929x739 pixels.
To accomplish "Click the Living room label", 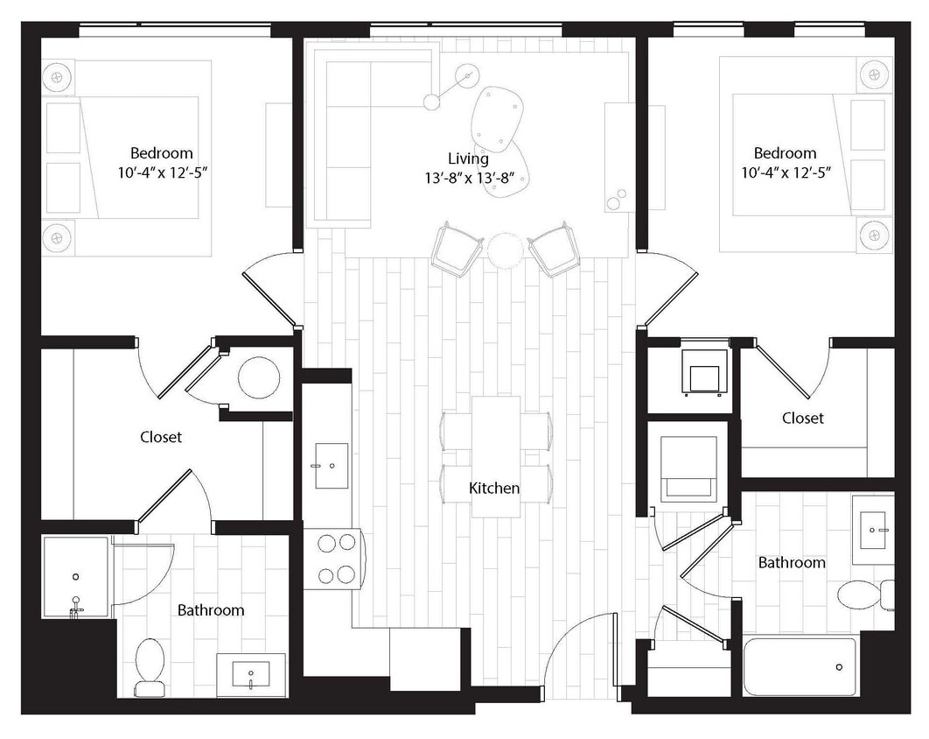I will coord(468,158).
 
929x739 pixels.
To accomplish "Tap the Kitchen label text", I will coord(494,488).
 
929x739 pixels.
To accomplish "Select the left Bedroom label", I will coord(162,152).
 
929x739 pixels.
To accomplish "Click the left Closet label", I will coord(161,436).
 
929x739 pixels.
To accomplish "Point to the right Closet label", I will coord(802,418).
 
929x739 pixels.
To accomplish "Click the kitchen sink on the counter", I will coord(332,466).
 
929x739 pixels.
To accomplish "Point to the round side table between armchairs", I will coord(505,250).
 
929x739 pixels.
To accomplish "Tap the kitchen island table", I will coord(496,456).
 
